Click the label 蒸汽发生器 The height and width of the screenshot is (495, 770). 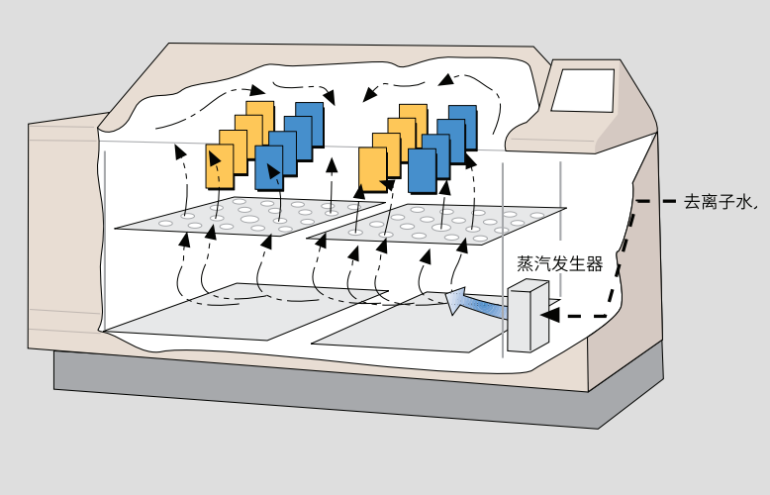coord(559,264)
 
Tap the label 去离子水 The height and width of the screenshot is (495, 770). coord(720,201)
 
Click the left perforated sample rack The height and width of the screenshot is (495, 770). coord(247,217)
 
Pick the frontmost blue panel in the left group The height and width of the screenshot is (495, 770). coord(269,168)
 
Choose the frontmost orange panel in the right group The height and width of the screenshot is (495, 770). coord(372,171)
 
